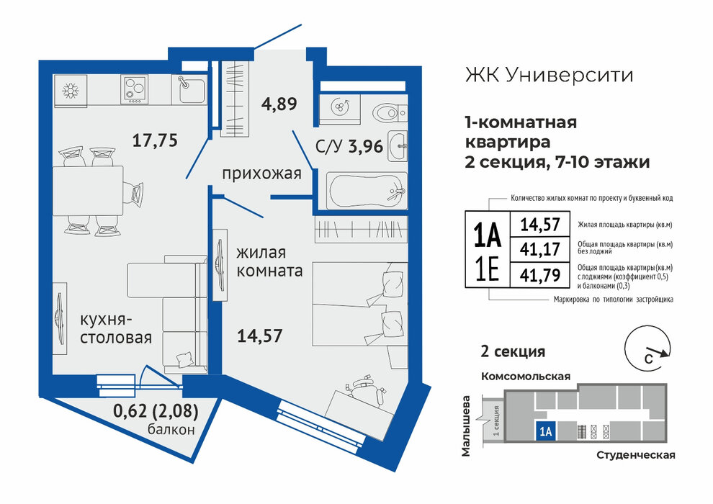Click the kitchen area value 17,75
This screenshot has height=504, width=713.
click(155, 140)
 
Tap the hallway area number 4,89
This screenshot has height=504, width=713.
click(279, 104)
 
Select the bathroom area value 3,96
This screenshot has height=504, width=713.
click(366, 146)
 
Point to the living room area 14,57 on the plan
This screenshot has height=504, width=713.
click(260, 336)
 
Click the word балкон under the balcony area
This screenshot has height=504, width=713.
click(171, 429)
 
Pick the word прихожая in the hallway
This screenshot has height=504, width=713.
click(261, 174)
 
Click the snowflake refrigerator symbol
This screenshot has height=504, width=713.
click(71, 91)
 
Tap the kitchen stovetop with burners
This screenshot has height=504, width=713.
click(134, 89)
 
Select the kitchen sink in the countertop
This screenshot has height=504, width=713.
click(191, 89)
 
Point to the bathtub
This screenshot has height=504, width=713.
click(368, 192)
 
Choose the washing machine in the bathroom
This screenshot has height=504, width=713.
click(340, 108)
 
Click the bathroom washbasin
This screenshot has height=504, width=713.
click(398, 146)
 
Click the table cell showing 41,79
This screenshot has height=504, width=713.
click(539, 274)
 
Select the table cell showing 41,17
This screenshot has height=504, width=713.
click(539, 249)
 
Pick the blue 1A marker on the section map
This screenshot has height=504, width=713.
click(546, 431)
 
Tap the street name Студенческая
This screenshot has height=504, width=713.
click(635, 455)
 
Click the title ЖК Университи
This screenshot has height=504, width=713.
click(549, 75)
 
